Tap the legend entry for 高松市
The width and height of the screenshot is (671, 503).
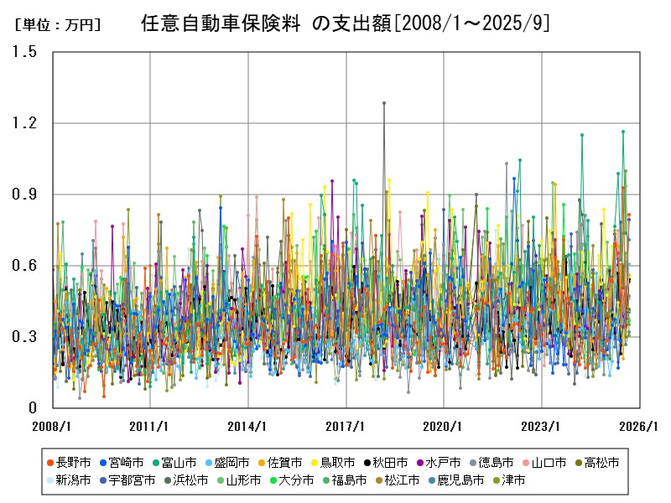(x=597, y=463)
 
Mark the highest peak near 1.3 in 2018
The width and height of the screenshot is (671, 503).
(x=384, y=103)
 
